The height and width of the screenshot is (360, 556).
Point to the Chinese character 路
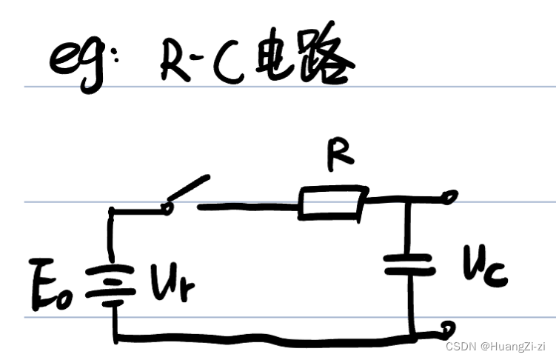(x=326, y=64)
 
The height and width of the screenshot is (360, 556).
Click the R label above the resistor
(x=343, y=156)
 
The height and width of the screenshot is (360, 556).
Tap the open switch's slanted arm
(x=189, y=188)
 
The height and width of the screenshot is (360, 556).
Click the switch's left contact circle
(x=169, y=208)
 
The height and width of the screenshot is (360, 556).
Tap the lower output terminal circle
(x=446, y=327)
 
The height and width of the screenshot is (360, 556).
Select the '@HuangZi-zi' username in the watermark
(x=512, y=345)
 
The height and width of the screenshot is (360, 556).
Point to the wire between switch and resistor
(x=248, y=206)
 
